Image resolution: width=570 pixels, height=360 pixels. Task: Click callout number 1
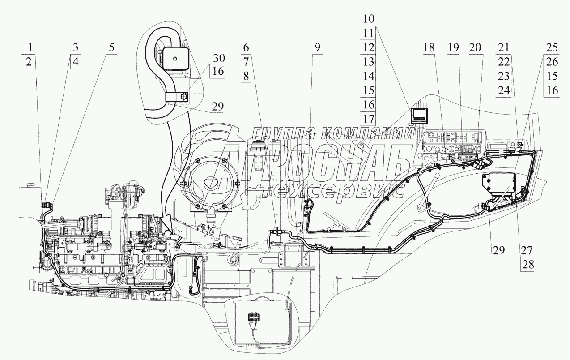(30, 48)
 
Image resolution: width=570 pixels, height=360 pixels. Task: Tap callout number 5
(111, 48)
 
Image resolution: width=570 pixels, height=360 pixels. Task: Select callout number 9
(317, 48)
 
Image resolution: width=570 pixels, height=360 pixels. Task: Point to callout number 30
(219, 58)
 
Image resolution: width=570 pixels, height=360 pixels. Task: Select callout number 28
(528, 264)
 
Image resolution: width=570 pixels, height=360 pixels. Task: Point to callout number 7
(246, 62)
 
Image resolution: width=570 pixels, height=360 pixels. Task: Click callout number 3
(75, 48)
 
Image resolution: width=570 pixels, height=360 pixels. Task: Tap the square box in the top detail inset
(175, 60)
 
